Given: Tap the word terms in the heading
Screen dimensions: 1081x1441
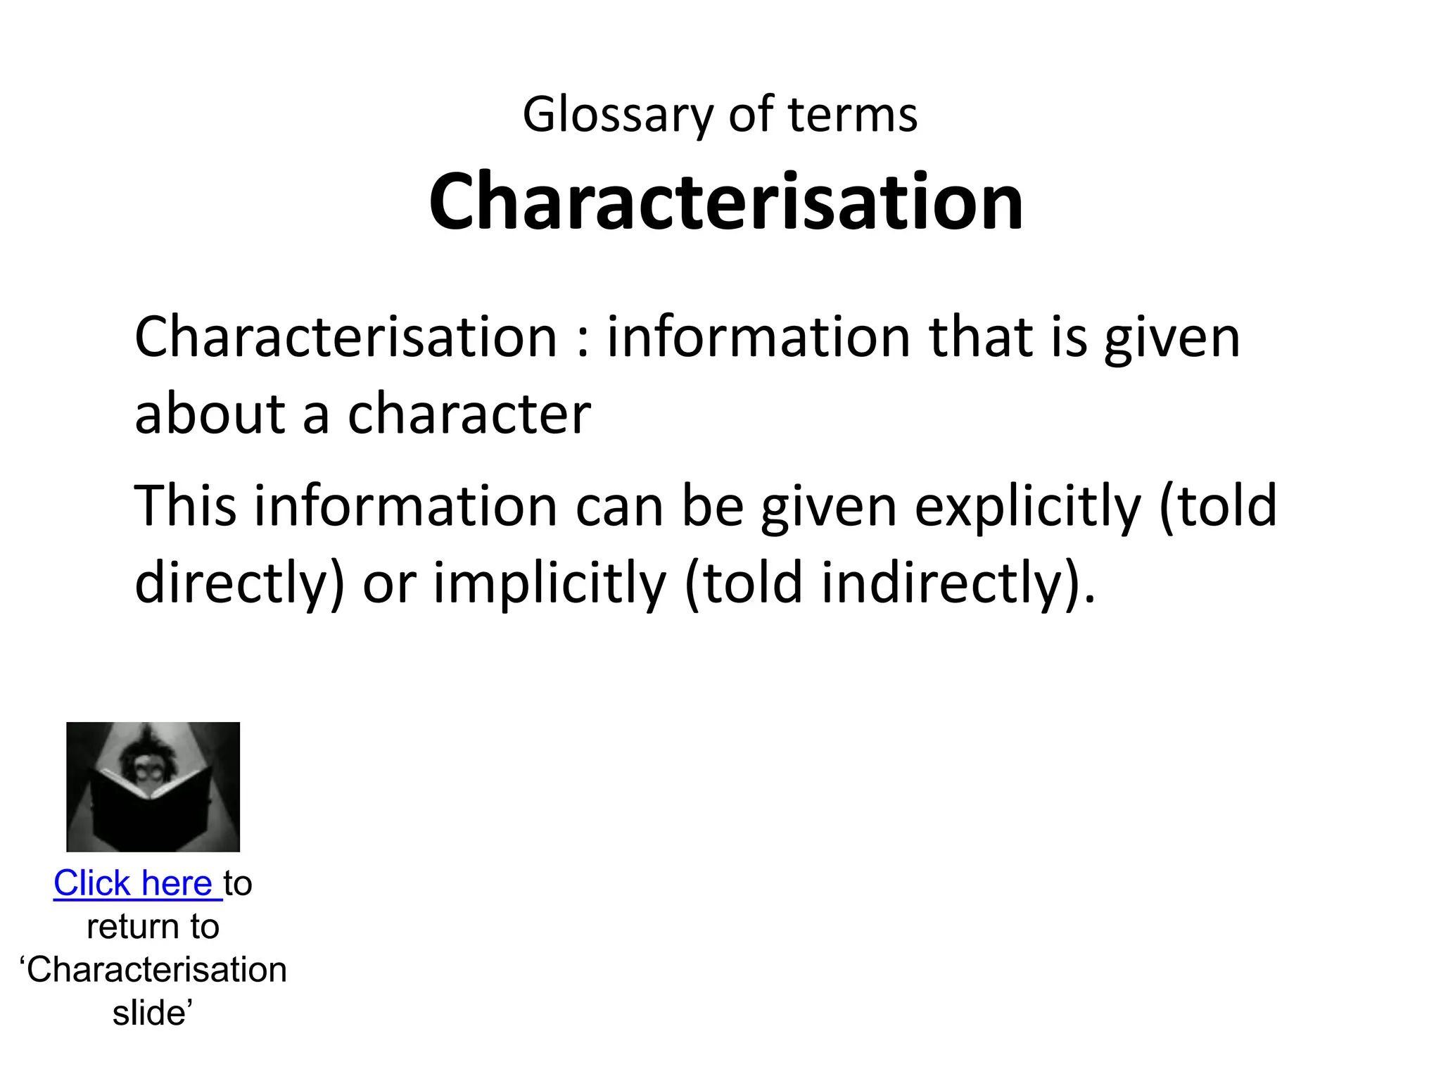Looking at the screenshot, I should coord(852,115).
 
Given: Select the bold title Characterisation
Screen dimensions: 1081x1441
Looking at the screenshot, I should coord(725,202).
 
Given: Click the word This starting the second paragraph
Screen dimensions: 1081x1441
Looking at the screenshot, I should coord(185,506).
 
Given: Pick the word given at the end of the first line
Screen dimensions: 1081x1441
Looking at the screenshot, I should coord(1172,339).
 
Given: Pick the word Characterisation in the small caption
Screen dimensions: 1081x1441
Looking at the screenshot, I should coord(157,971).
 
